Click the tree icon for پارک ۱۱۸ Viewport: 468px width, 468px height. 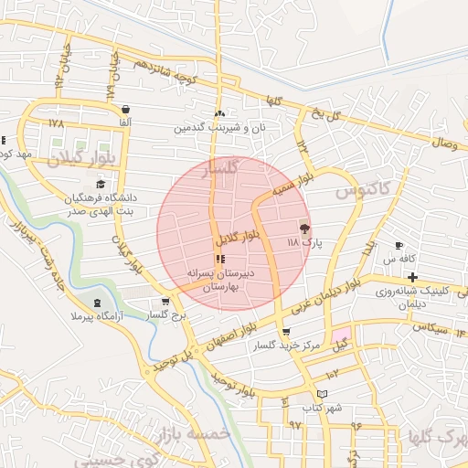304,229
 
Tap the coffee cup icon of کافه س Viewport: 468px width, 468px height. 399,245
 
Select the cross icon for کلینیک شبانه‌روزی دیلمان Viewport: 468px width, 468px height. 413,277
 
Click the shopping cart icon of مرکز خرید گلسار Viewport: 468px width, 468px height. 287,332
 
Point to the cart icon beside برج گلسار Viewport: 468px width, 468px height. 165,301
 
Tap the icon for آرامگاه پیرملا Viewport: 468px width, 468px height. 98,303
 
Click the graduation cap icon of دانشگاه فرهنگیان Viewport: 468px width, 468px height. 101,185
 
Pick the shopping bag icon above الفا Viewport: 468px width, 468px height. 124,109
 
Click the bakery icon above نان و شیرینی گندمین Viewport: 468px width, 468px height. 218,114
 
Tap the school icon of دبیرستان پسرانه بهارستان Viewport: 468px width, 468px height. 218,260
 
